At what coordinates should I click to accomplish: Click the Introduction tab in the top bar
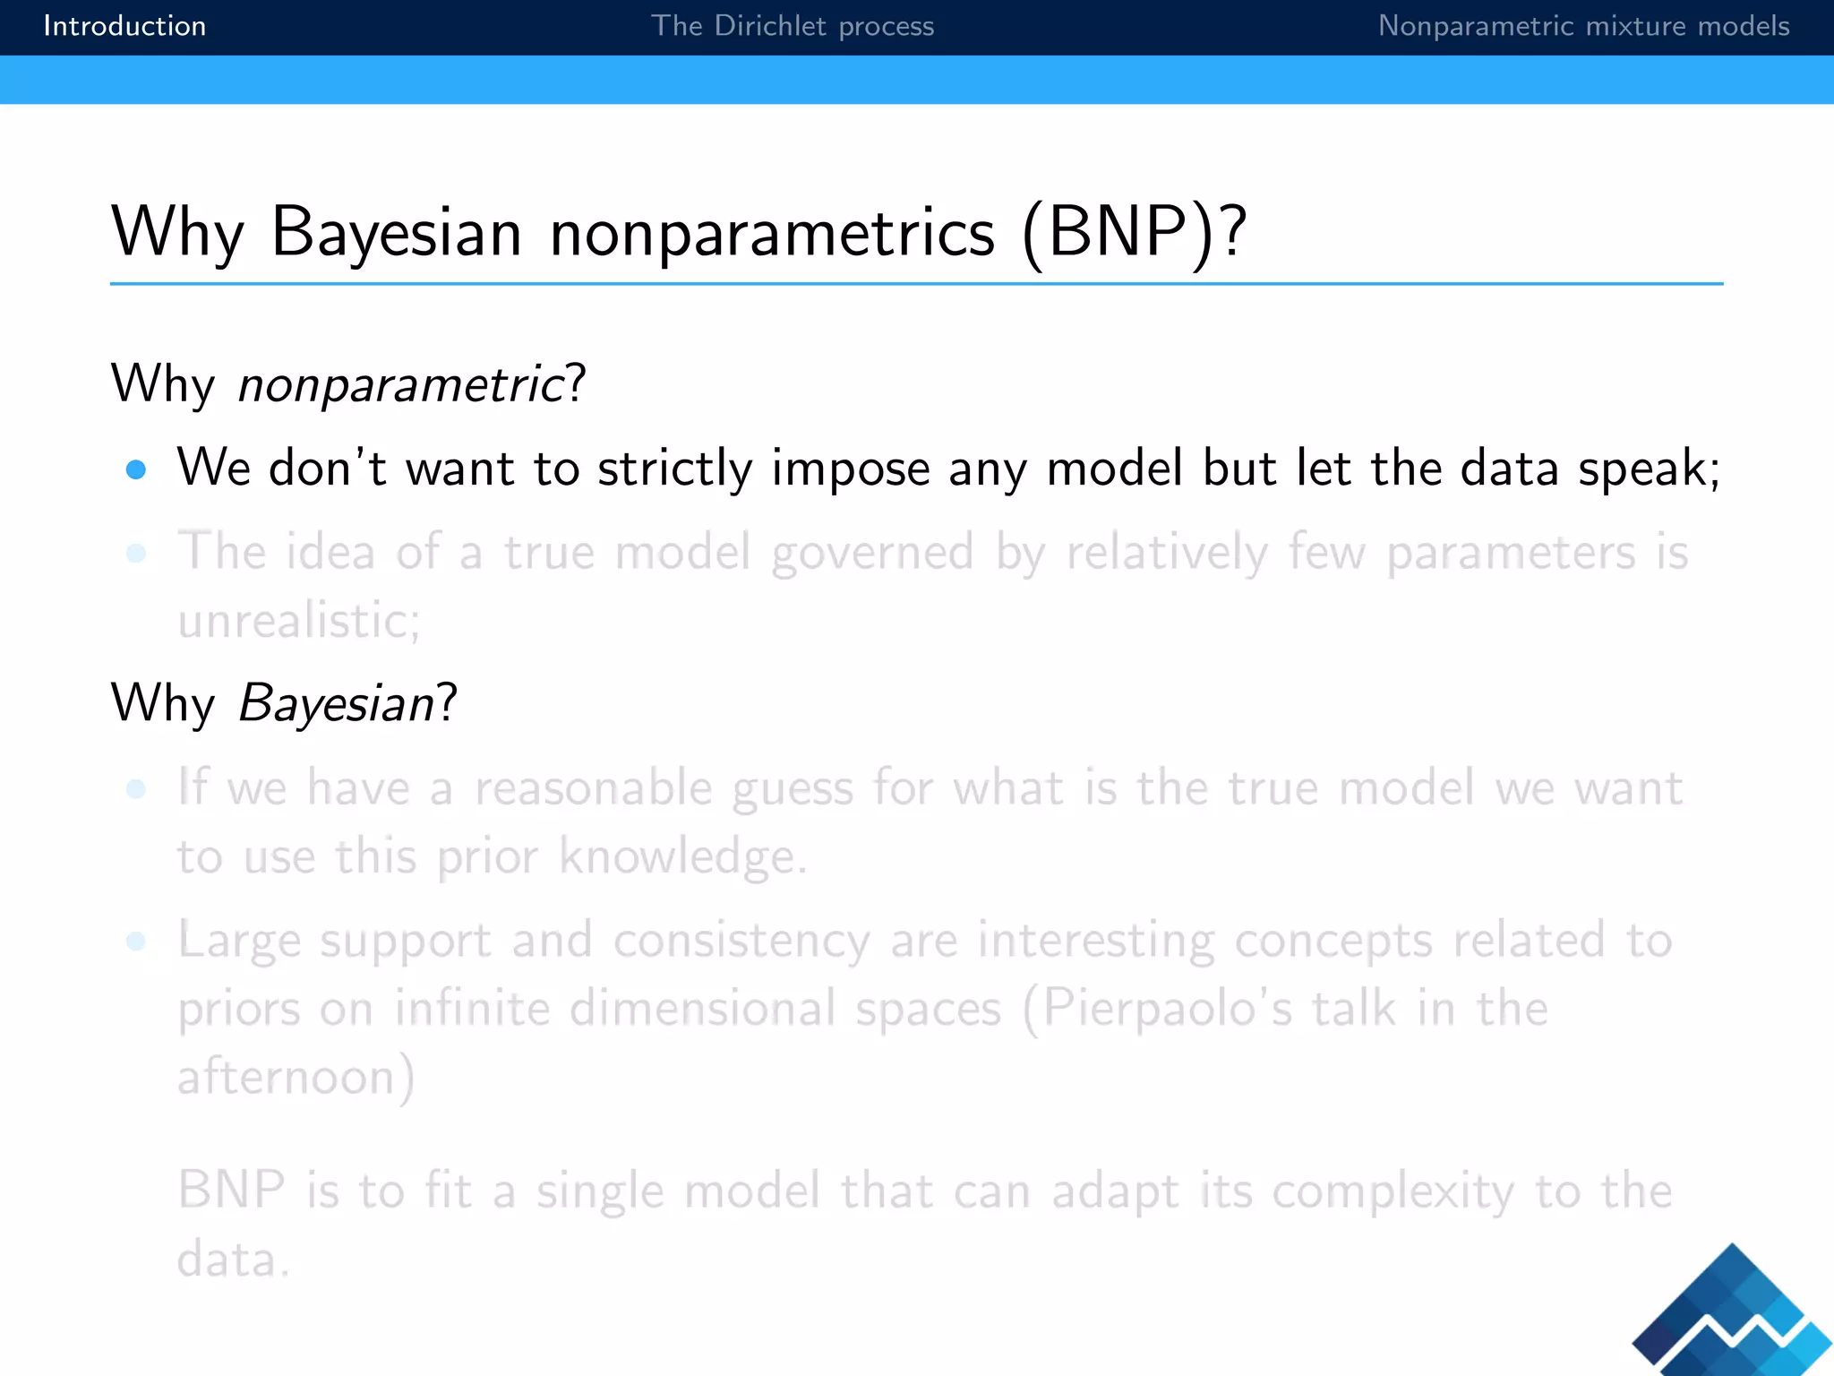tap(124, 26)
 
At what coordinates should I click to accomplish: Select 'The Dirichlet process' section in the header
tap(792, 26)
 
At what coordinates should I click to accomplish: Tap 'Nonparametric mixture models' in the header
tap(1583, 26)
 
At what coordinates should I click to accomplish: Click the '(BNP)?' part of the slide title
tap(1134, 232)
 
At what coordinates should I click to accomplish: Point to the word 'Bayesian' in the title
tap(396, 232)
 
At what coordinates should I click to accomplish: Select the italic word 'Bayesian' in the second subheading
tap(337, 703)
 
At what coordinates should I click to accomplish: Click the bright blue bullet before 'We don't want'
tap(136, 469)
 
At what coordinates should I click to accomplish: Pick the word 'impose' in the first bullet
tap(851, 469)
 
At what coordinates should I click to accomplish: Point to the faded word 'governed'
tap(872, 552)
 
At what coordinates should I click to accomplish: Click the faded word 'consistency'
tap(741, 941)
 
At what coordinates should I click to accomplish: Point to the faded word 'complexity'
tap(1393, 1191)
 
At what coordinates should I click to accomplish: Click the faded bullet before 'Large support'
tap(136, 941)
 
